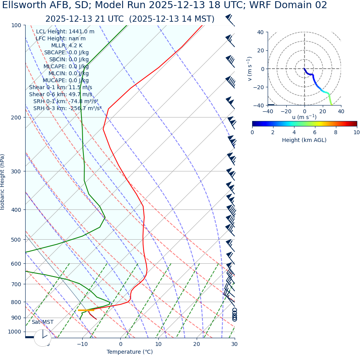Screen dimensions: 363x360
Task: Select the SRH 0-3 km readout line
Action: click(67, 108)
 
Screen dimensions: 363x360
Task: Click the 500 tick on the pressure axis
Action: click(16, 240)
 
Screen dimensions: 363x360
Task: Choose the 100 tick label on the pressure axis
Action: click(16, 25)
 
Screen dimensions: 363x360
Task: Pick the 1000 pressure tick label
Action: click(14, 332)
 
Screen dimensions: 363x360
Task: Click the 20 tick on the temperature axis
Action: click(197, 344)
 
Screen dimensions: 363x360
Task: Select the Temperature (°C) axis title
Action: click(130, 352)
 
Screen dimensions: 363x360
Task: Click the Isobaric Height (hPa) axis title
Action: click(3, 182)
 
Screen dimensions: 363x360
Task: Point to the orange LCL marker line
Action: click(86, 310)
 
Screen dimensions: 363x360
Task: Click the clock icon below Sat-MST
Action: click(43, 338)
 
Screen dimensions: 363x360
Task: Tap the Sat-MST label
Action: click(43, 322)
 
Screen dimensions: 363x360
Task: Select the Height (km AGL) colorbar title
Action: click(304, 140)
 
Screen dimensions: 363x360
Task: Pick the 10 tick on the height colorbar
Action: click(356, 132)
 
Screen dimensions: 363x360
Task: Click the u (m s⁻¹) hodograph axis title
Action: click(304, 117)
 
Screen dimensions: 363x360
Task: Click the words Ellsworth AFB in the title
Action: click(32, 5)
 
